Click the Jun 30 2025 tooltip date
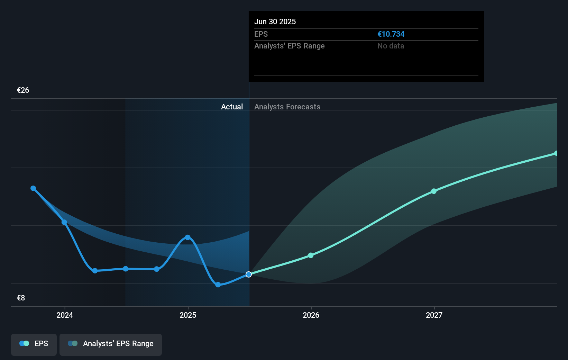coord(275,21)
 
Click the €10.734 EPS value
coord(391,34)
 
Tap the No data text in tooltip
coord(391,46)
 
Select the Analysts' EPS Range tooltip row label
coord(289,46)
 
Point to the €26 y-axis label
coord(23,90)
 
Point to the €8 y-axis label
coord(21,298)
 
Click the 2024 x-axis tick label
coord(65,315)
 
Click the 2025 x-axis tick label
coord(188,315)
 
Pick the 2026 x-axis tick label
coord(311,315)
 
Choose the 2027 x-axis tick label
coord(434,315)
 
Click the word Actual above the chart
coord(232,107)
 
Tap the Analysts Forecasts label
coord(287,107)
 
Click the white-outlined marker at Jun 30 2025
coord(249,274)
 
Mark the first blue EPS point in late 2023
coord(33,188)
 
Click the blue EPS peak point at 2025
coord(187,237)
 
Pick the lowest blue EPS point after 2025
coord(218,285)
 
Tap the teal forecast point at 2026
coord(311,255)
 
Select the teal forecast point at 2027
coord(434,191)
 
